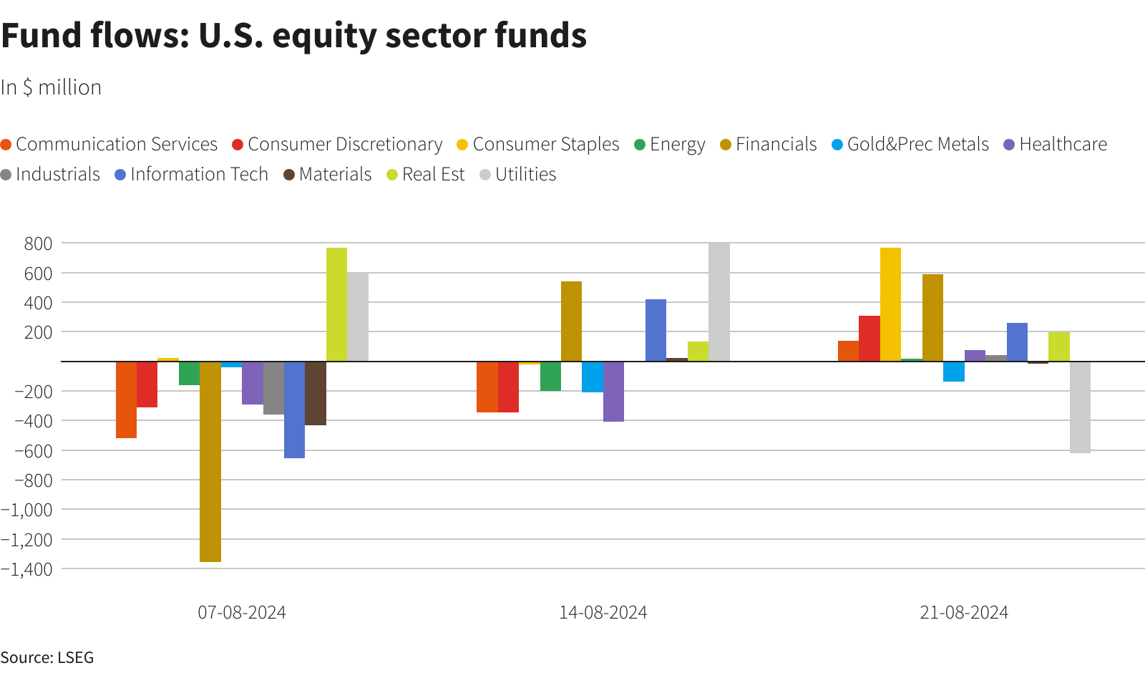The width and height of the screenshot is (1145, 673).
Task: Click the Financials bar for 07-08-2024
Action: tap(210, 461)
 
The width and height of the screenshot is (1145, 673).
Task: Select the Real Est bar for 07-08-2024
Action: tap(336, 304)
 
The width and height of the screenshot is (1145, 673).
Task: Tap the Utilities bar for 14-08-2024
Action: tap(719, 301)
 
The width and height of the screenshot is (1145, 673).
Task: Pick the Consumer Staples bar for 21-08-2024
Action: tap(890, 304)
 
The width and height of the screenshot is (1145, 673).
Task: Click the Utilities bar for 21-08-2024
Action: tap(1080, 407)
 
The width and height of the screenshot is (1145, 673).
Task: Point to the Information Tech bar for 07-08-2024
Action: tap(294, 410)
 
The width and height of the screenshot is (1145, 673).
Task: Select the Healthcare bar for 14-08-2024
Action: tap(613, 392)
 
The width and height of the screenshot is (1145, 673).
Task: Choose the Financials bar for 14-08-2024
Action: tap(571, 321)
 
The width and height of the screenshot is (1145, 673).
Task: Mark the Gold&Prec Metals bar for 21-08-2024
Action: tap(953, 372)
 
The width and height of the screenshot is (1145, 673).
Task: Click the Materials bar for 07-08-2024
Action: tap(316, 393)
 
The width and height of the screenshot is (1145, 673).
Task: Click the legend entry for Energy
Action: tap(670, 145)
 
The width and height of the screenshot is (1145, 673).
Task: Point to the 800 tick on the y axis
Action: tap(38, 243)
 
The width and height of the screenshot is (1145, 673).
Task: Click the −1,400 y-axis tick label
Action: tap(27, 569)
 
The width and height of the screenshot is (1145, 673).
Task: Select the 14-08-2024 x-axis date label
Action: tap(603, 613)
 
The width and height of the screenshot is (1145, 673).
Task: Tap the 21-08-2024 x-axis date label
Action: tap(964, 613)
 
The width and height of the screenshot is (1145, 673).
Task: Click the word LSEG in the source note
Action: tap(75, 657)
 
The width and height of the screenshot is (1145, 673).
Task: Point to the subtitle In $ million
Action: tap(51, 87)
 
